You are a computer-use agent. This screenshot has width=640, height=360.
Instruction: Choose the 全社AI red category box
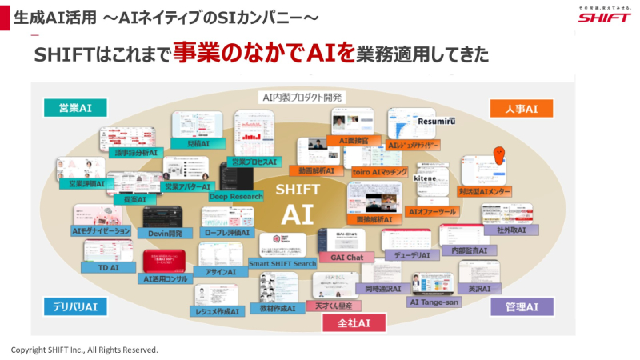click(x=353, y=322)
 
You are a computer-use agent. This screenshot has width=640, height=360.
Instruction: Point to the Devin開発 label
click(x=165, y=233)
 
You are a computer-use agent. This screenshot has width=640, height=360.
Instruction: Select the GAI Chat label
click(x=341, y=258)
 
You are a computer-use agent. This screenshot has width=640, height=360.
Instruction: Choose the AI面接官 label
click(x=353, y=140)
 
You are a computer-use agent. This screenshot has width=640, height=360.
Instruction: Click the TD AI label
click(x=108, y=268)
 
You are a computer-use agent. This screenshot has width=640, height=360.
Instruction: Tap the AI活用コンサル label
click(x=166, y=279)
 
